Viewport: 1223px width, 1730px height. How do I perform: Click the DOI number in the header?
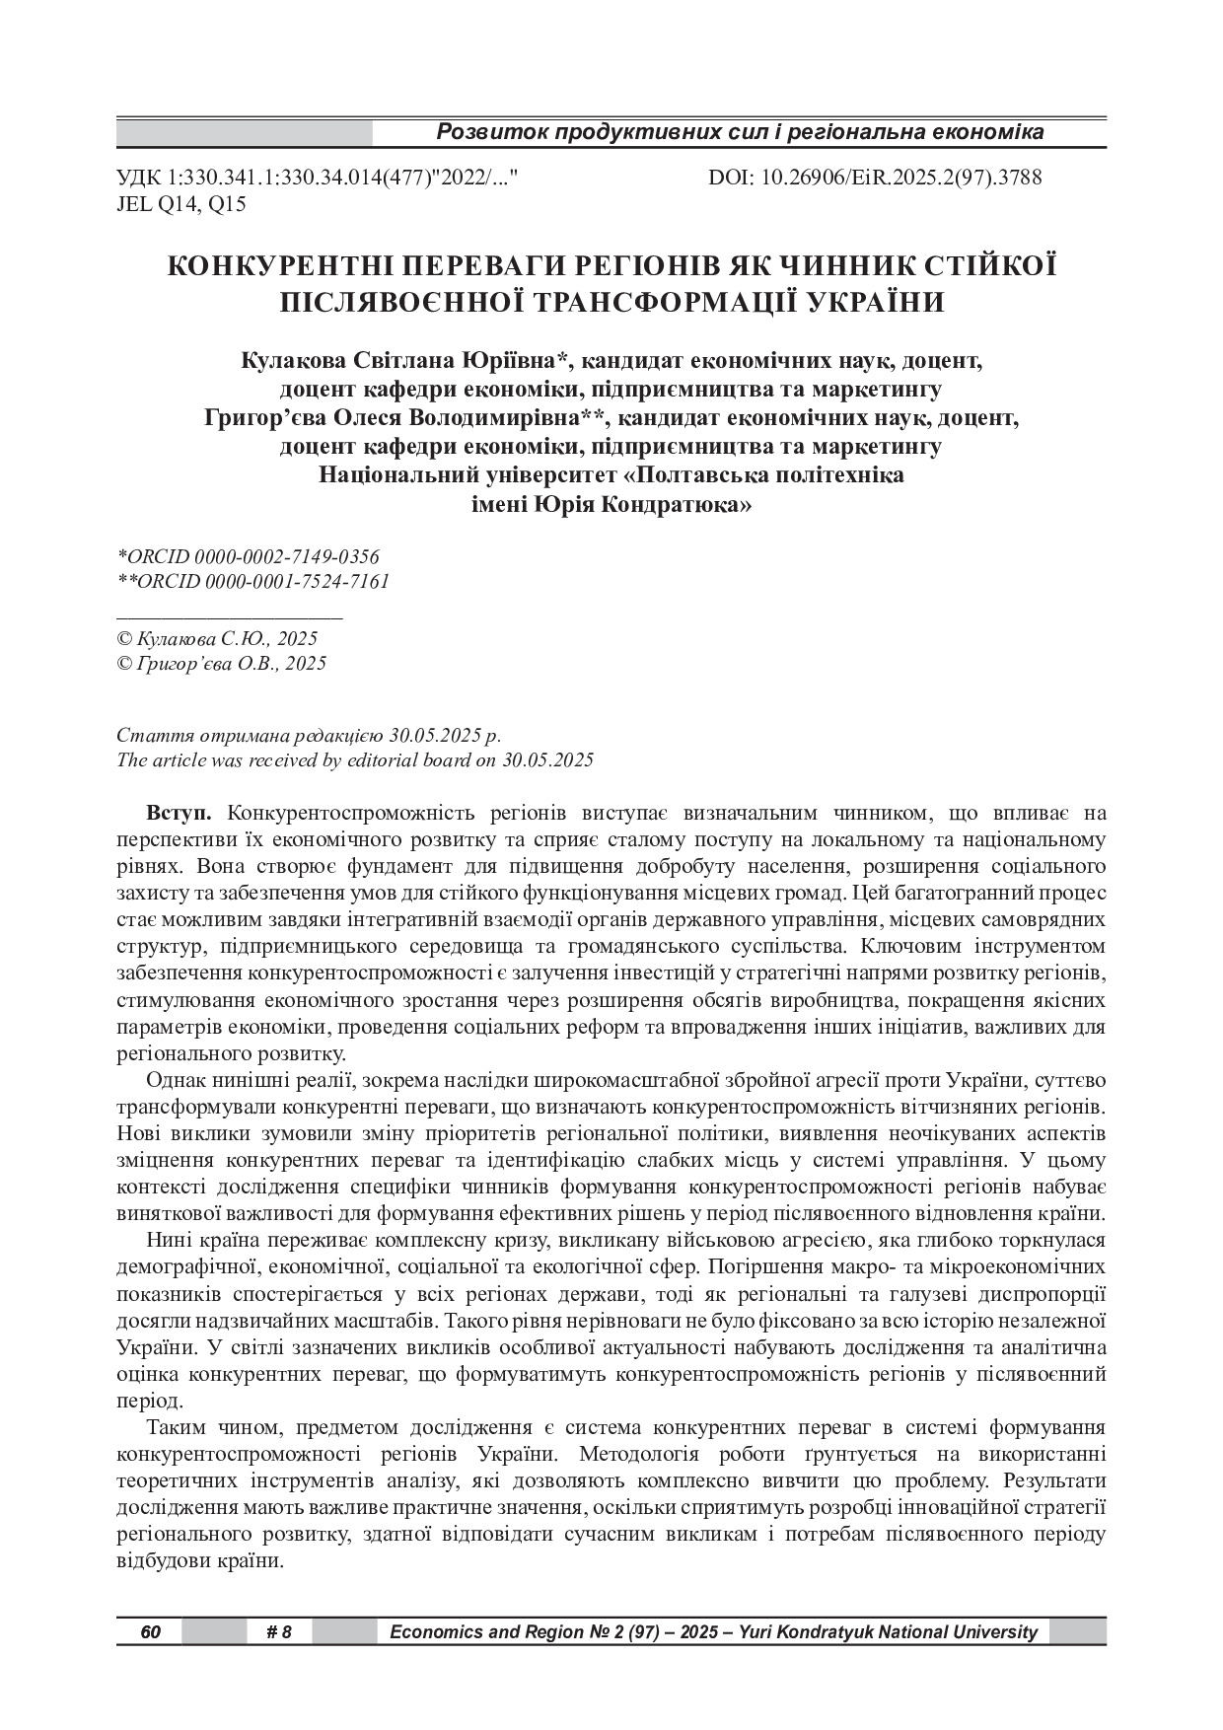pyautogui.click(x=875, y=178)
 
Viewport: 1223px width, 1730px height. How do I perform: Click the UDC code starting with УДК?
pyautogui.click(x=318, y=178)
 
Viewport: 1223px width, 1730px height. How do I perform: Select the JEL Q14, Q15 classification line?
pyautogui.click(x=181, y=204)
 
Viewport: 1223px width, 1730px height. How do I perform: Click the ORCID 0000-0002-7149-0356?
pyautogui.click(x=249, y=557)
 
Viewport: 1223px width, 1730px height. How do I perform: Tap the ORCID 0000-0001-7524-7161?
pyautogui.click(x=253, y=582)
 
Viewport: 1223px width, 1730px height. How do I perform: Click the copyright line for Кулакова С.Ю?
pyautogui.click(x=217, y=639)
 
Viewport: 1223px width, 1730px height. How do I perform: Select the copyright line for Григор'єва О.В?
pyautogui.click(x=221, y=664)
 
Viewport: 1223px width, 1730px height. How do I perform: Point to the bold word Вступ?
pyautogui.click(x=179, y=814)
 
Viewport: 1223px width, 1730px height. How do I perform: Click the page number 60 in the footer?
pyautogui.click(x=150, y=1632)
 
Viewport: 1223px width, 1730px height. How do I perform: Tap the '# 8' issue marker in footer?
pyautogui.click(x=279, y=1632)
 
